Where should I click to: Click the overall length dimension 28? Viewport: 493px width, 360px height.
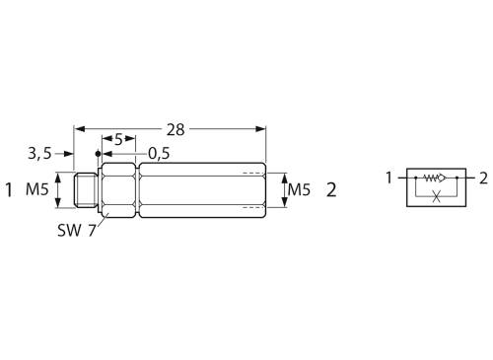point(176,129)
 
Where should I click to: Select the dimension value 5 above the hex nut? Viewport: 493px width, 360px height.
point(118,139)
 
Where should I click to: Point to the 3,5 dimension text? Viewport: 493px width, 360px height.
point(39,153)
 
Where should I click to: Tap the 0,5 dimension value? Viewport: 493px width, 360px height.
point(159,153)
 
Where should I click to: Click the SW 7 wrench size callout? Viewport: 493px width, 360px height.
point(77,230)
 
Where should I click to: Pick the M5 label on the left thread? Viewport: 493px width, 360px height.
point(37,189)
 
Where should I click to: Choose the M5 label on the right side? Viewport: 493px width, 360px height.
point(299,189)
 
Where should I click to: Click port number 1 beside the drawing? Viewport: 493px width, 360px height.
point(9,190)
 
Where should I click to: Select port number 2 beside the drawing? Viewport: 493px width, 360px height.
point(331,190)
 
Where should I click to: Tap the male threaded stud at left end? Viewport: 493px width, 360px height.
point(86,190)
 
